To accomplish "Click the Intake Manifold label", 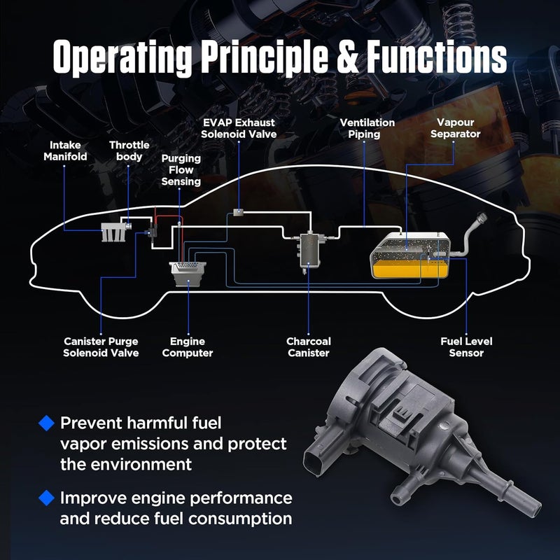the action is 65,150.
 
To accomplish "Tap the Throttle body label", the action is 129,150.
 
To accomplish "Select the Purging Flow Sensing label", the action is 181,169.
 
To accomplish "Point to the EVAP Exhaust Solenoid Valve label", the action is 239,128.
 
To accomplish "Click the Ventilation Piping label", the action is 367,128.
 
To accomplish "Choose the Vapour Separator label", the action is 456,128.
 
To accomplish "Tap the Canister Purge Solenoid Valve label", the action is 101,347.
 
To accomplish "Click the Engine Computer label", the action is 188,347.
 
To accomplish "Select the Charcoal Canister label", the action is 309,347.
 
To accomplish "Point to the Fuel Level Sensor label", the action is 466,347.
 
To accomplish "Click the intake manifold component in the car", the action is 113,232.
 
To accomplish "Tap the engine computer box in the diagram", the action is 188,274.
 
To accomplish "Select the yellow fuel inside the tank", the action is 409,269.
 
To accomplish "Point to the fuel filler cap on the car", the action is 482,217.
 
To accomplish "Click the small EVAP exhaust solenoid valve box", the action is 238,212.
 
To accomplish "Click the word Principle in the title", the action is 265,58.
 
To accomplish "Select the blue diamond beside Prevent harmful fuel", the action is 46,423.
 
